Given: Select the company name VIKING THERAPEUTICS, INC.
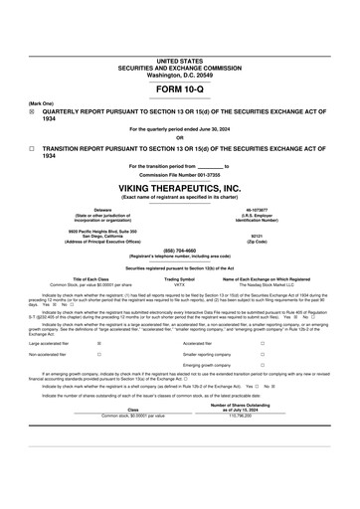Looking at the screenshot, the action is click(x=179, y=187).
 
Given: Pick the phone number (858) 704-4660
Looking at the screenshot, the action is click(x=179, y=251).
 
